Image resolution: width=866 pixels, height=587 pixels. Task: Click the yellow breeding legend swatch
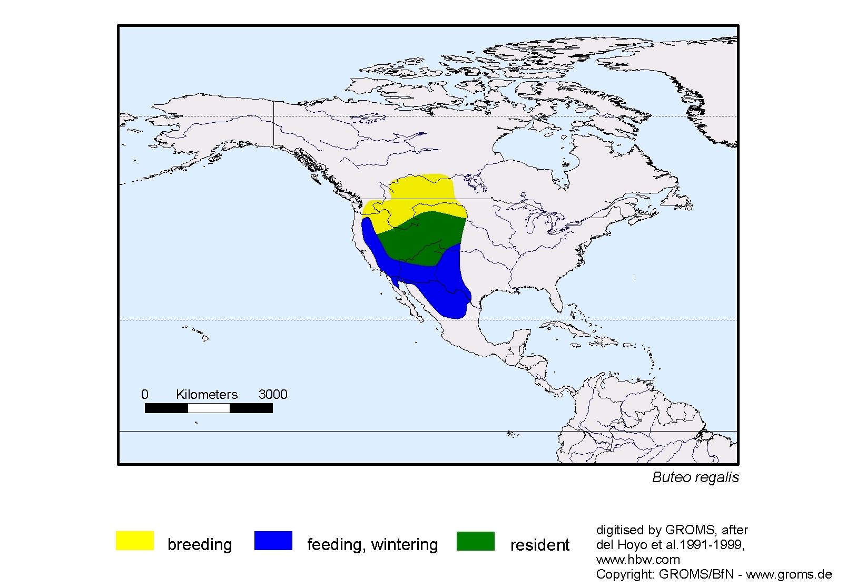[134, 541]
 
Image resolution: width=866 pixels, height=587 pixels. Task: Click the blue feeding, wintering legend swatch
[273, 541]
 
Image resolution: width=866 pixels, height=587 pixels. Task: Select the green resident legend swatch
[475, 541]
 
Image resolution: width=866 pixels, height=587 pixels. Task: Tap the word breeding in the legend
[200, 544]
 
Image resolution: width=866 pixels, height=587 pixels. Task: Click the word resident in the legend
[539, 545]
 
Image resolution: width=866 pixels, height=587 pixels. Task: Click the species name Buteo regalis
[695, 477]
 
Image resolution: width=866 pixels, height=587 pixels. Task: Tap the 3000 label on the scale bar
[272, 394]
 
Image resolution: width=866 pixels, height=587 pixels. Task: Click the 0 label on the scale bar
[145, 394]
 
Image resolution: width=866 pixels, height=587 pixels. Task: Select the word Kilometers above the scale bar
[206, 394]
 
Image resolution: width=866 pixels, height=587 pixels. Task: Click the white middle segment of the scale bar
[209, 408]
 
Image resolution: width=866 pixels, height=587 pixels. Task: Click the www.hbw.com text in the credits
[638, 560]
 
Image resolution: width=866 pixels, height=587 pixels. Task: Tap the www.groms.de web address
[789, 574]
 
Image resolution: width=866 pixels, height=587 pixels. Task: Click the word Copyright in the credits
[618, 574]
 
